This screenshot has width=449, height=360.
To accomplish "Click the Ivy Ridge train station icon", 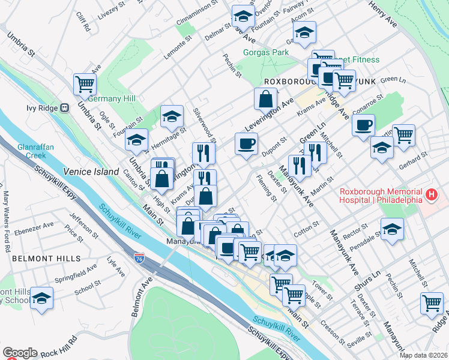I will [64, 108].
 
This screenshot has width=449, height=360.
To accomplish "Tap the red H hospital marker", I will [430, 194].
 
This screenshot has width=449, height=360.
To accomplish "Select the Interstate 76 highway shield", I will [139, 257].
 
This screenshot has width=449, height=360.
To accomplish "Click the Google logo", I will [20, 353].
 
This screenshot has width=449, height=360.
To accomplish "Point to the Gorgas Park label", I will [266, 52].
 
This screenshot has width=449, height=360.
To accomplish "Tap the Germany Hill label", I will [112, 98].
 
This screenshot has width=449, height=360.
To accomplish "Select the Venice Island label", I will [91, 172].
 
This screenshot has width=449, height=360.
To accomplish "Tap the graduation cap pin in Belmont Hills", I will [41, 298].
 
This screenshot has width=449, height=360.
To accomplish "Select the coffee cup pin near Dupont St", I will [247, 145].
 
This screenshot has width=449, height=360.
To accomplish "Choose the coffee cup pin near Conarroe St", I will [363, 126].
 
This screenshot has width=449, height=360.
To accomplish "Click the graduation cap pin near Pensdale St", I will [392, 230].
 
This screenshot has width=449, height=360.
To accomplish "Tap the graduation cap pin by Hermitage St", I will [172, 117].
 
